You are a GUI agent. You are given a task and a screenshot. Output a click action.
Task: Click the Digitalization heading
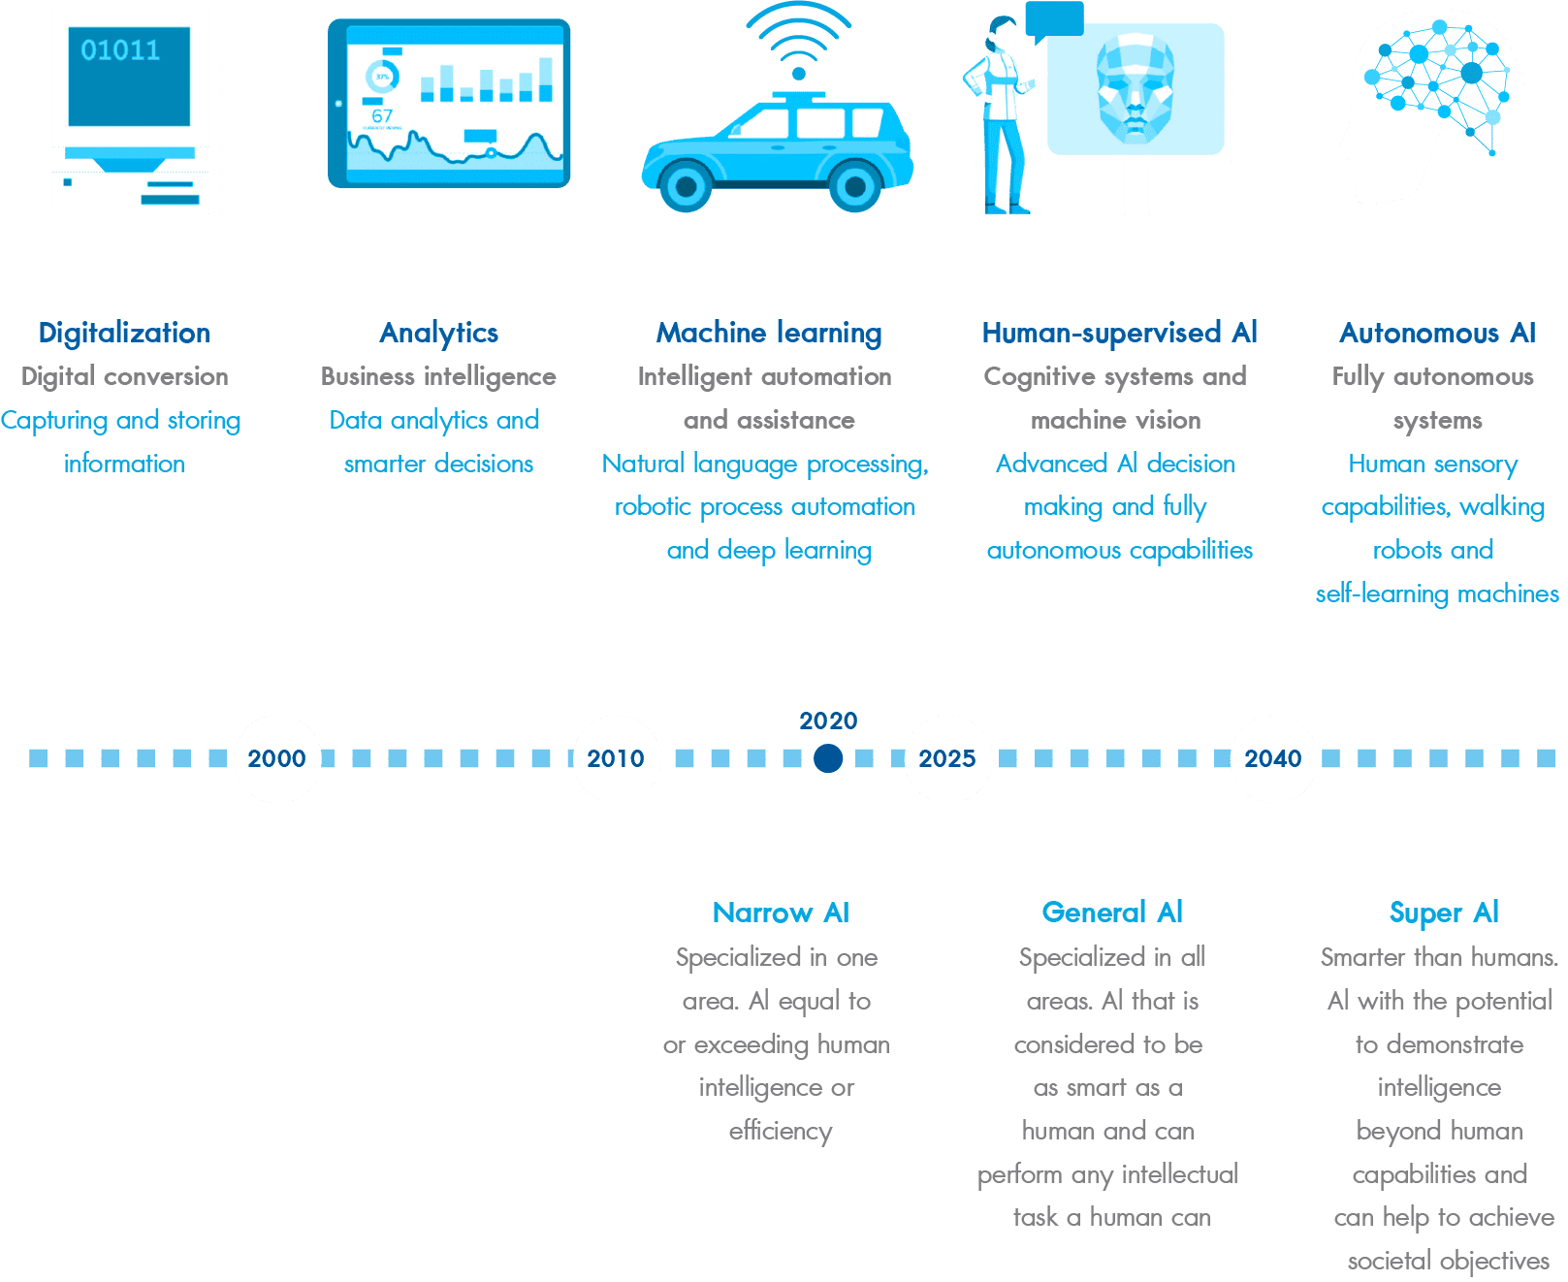(x=124, y=333)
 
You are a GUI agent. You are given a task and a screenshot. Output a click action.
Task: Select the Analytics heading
(x=439, y=333)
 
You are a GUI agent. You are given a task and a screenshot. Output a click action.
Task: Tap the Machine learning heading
(x=769, y=333)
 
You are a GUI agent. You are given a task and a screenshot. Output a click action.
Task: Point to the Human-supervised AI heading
(x=1119, y=333)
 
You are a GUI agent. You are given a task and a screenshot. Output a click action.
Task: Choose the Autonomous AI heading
(x=1438, y=333)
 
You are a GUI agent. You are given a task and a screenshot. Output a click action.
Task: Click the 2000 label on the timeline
(x=276, y=758)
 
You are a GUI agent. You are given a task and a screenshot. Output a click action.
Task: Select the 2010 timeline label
(x=615, y=758)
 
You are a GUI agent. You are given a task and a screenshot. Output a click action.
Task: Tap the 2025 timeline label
(x=947, y=758)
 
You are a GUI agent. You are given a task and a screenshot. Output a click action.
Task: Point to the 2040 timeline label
(x=1273, y=758)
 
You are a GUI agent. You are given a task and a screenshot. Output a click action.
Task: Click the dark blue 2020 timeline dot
(x=828, y=758)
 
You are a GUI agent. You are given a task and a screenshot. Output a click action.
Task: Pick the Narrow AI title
(x=781, y=913)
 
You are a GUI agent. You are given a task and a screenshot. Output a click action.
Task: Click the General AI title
(x=1112, y=913)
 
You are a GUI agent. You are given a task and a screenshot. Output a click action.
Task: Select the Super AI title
(x=1444, y=913)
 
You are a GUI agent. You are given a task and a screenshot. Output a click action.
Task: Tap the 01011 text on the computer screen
(x=120, y=50)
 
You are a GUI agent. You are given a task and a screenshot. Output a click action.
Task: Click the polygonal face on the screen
(x=1136, y=88)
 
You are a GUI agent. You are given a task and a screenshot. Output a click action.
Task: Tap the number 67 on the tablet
(x=382, y=116)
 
